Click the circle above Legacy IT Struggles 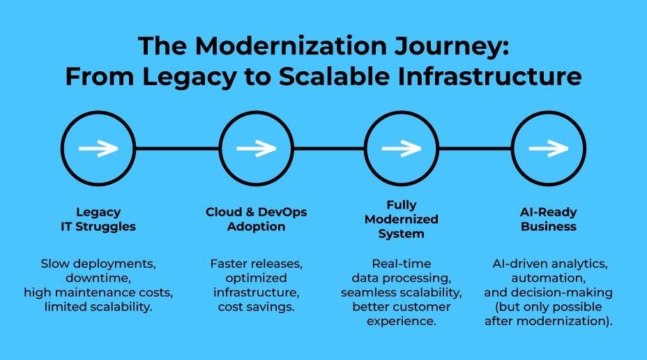click(98, 148)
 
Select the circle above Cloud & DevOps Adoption click(256, 148)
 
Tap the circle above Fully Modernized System click(402, 148)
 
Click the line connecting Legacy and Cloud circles click(177, 148)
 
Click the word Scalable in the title click(364, 77)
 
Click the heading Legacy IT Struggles click(98, 219)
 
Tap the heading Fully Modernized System click(402, 219)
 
